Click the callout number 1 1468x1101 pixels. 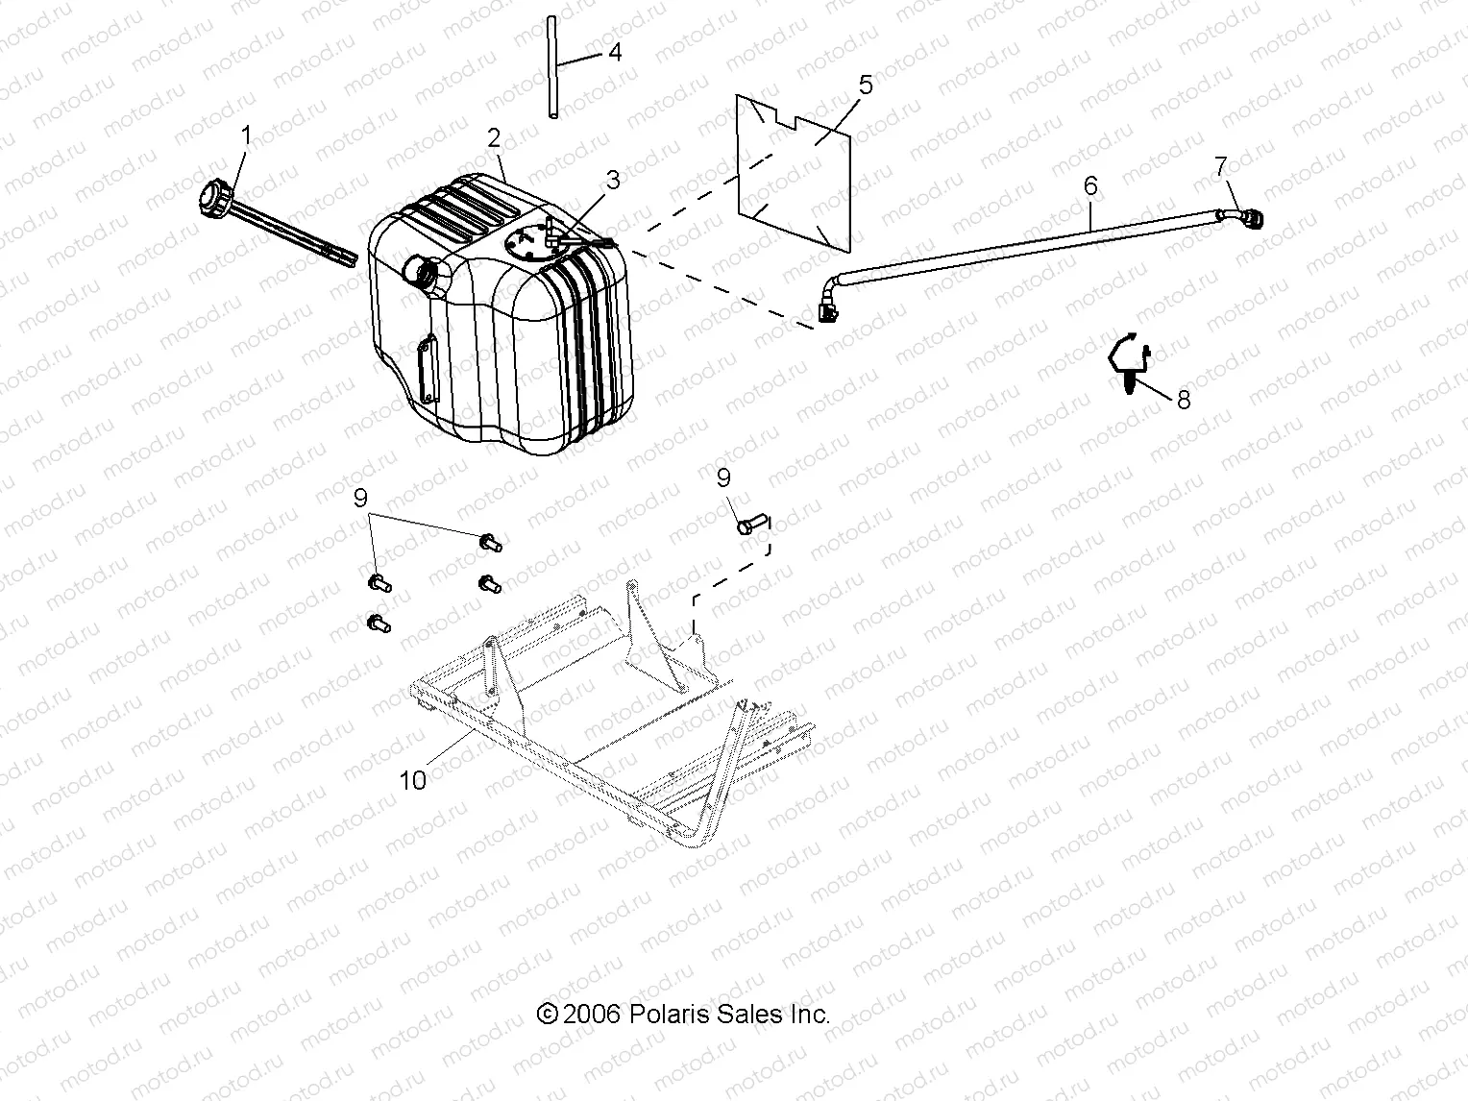245,135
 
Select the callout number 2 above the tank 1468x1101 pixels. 494,137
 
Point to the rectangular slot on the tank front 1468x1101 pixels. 424,369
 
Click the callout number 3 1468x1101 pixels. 613,180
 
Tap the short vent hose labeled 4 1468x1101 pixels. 553,67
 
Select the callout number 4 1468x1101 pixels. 615,52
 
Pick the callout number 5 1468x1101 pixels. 866,85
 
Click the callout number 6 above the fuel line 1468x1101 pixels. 1090,184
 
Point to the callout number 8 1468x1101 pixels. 1184,399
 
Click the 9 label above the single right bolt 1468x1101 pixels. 723,477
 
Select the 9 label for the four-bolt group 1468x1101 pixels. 360,498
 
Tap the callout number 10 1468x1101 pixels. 412,780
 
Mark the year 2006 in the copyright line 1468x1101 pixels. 594,1015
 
